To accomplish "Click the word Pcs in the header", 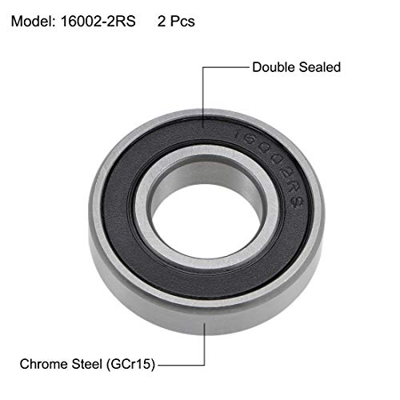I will (x=180, y=22).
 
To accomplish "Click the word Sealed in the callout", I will (x=319, y=67).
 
